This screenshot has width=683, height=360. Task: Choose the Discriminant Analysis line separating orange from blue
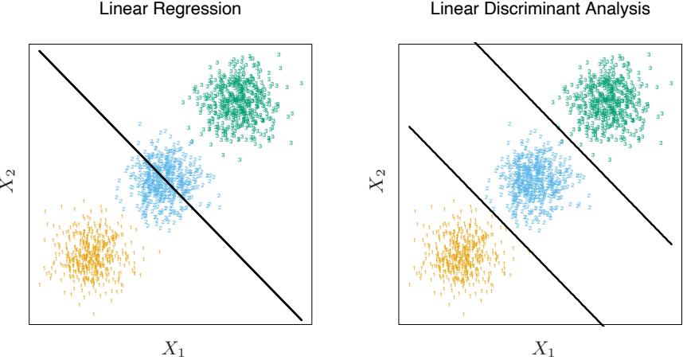(x=502, y=223)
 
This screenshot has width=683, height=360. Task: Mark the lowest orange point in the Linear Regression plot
(x=93, y=315)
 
